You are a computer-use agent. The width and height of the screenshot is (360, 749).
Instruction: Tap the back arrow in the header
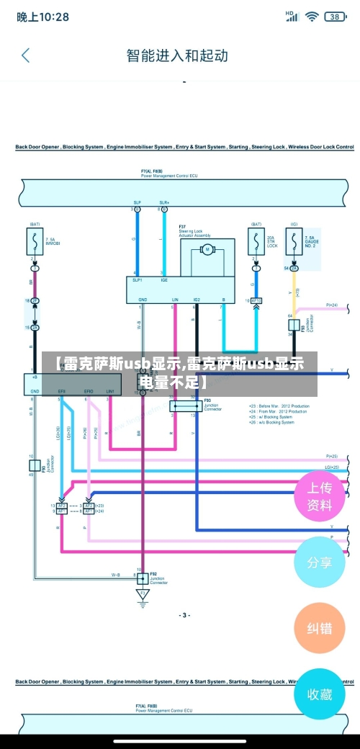click(26, 55)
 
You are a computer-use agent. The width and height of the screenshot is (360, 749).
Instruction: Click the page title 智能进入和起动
click(177, 55)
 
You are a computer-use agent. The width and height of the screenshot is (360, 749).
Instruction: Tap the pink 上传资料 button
click(320, 496)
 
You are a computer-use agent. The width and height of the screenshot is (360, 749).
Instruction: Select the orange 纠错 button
click(320, 628)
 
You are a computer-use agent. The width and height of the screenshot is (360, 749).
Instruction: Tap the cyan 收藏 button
click(320, 694)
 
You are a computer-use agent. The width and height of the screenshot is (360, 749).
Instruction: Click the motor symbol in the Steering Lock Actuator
click(207, 250)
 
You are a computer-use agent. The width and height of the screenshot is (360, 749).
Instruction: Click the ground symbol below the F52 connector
click(143, 594)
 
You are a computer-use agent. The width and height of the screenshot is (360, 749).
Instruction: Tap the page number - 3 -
click(184, 615)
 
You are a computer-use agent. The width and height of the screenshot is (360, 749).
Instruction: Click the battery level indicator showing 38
click(335, 16)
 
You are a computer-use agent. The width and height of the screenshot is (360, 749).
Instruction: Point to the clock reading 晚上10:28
click(43, 16)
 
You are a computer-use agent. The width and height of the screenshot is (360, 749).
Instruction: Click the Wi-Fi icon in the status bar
click(312, 15)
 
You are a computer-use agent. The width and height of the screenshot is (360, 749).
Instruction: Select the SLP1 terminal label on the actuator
click(137, 280)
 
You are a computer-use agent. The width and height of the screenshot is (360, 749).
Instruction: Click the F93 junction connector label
click(207, 400)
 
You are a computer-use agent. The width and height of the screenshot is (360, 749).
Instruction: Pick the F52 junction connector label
click(154, 574)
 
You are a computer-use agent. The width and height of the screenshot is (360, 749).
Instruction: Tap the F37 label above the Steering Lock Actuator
click(183, 226)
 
